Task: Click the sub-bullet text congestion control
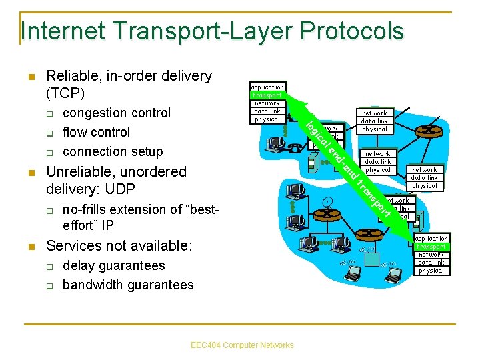point(116,113)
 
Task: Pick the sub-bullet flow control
point(96,132)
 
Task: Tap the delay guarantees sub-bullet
point(113,265)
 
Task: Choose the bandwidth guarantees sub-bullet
point(127,285)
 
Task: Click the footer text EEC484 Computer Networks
point(241,345)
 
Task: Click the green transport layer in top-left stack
point(267,95)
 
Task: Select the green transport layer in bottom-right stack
point(431,247)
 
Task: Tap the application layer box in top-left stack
point(267,87)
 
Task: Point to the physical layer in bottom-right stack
point(431,271)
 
